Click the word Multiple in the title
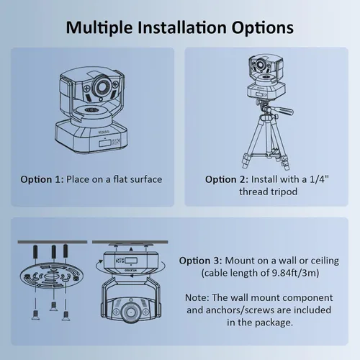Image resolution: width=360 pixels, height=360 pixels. point(99,28)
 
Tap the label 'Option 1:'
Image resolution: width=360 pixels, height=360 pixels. point(42,180)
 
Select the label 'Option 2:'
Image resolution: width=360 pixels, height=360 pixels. point(227,180)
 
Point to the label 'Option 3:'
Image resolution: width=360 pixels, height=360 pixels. point(201,261)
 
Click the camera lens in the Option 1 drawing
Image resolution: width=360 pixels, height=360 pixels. point(103,86)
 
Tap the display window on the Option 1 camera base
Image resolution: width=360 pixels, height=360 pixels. point(104,143)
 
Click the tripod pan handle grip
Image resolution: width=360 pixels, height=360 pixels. point(285,111)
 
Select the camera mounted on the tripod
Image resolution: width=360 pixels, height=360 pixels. point(266,76)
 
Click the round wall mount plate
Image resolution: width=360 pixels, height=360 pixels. point(51,275)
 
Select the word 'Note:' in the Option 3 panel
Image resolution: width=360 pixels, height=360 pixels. point(197,298)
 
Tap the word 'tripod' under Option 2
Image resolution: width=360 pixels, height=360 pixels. point(284,192)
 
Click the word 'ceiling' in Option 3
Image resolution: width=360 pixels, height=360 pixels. point(325,261)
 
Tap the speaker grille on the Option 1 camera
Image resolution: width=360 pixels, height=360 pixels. point(91,110)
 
